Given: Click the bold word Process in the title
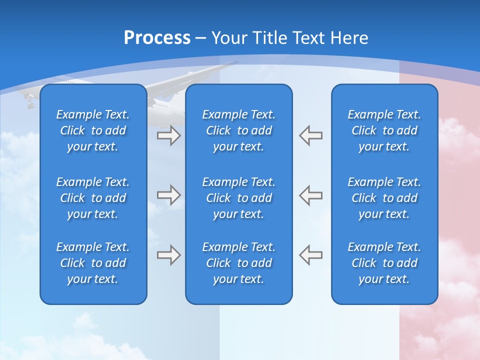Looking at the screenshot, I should [x=157, y=38].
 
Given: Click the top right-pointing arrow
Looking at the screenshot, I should [x=168, y=135].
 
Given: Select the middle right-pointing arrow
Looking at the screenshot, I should [x=168, y=195].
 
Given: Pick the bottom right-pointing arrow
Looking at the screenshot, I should [x=168, y=254].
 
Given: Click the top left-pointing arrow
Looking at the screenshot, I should [x=311, y=135].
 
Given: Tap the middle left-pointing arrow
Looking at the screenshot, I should [x=311, y=195].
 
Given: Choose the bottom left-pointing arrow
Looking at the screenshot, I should [x=311, y=254].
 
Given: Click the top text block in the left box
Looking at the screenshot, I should [x=93, y=130].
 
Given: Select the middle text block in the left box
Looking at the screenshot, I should [x=93, y=198].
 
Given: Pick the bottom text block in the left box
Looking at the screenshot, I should [x=93, y=263].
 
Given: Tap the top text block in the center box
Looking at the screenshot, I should [x=239, y=130].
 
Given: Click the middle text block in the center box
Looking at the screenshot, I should [x=239, y=198].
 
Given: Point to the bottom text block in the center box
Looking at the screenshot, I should [x=239, y=263].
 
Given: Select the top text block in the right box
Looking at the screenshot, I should [x=384, y=130].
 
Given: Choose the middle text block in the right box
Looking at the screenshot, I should [x=384, y=198].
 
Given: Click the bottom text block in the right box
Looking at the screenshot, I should [x=384, y=263].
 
